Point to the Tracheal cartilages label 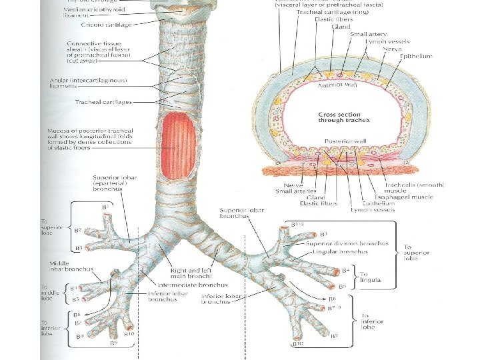tap(103, 102)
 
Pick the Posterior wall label tap(338, 142)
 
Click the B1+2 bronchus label tap(297, 225)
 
